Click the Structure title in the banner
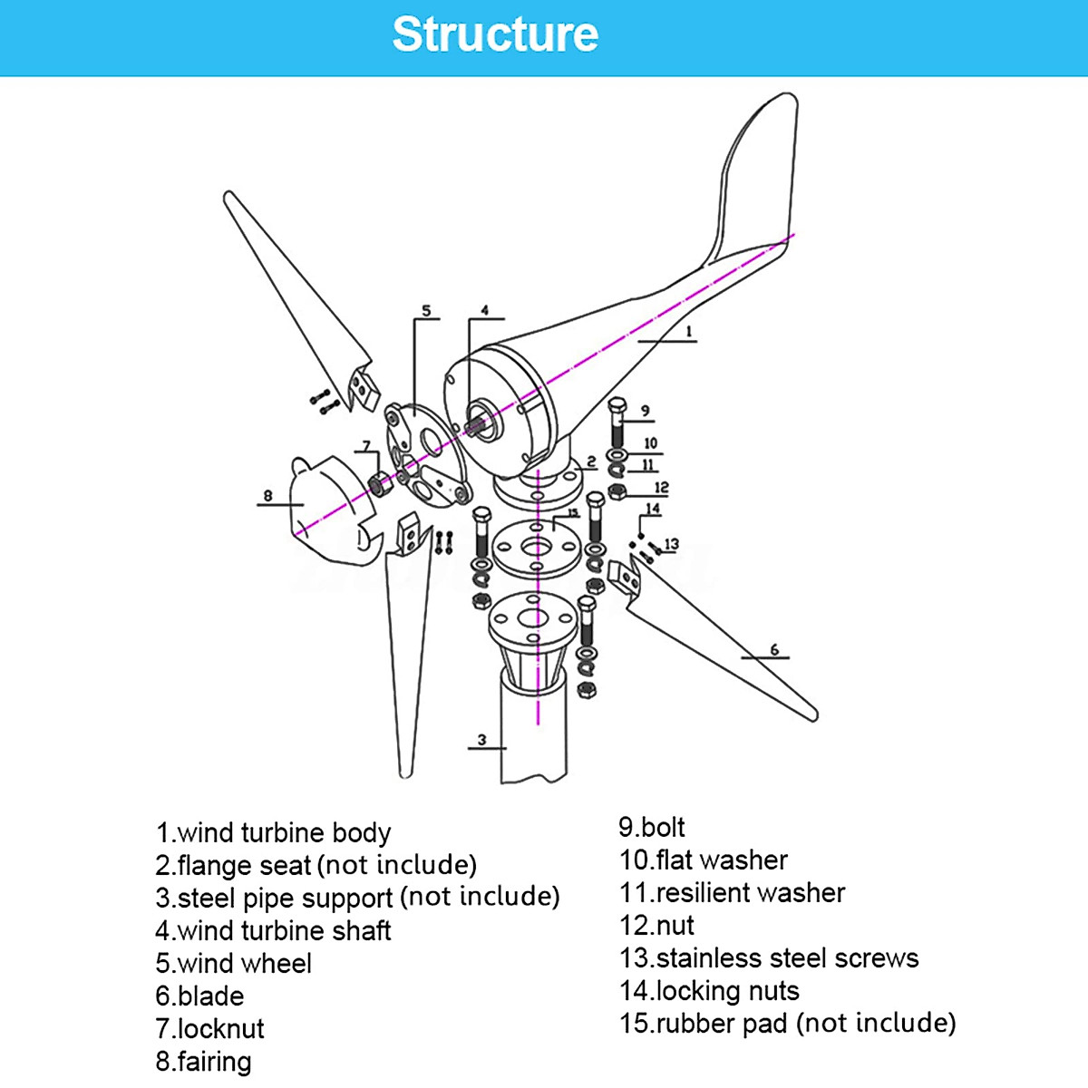pos(495,34)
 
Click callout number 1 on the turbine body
pos(688,332)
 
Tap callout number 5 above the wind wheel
pos(426,311)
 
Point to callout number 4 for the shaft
pos(485,310)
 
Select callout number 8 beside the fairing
pos(267,496)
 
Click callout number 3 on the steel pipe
pos(481,740)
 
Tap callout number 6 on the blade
pos(774,649)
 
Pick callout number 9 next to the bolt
pos(645,411)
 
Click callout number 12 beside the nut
pos(661,488)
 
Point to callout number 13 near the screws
pos(671,544)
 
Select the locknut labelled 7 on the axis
pos(379,484)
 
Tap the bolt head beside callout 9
pos(617,406)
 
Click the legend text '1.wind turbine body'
pos(273,832)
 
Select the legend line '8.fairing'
pos(203,1061)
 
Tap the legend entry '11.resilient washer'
pos(732,892)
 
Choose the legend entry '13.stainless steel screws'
pos(769,957)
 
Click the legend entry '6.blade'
pos(199,996)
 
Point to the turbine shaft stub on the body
pos(475,421)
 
